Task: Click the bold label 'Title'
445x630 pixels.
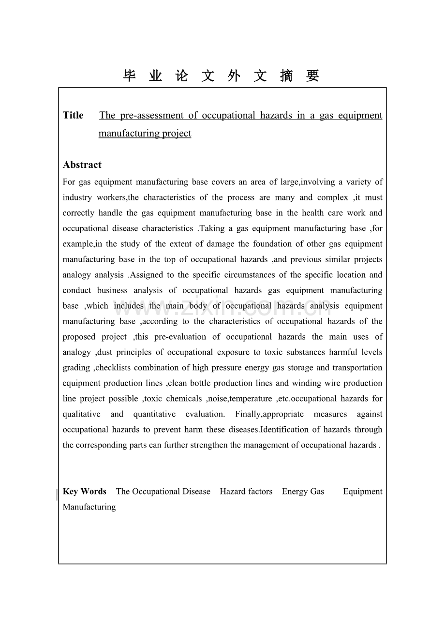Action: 73,115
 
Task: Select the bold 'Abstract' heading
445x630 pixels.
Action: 82,165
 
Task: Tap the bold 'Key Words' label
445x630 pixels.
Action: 85,492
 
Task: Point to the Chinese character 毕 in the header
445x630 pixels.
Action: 130,76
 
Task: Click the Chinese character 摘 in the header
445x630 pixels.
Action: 286,76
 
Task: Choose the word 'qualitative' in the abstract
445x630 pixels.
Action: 82,414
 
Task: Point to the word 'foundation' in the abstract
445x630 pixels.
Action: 272,244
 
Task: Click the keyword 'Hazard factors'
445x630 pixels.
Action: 246,492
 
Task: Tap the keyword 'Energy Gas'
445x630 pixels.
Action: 303,492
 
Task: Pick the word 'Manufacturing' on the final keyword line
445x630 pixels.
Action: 89,507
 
